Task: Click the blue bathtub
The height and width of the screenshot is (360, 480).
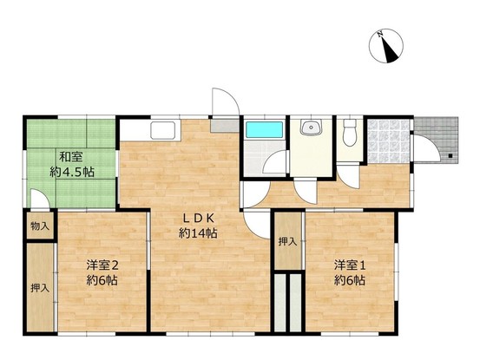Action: tap(265, 129)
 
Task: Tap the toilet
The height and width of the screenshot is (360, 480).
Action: tap(350, 132)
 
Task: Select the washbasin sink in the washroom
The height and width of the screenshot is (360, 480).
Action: tap(311, 127)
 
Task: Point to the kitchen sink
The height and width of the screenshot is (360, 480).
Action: tap(162, 129)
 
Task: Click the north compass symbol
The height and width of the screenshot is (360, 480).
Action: tap(386, 46)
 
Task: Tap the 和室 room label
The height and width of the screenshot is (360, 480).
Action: tap(70, 157)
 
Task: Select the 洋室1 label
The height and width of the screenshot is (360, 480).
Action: tap(350, 265)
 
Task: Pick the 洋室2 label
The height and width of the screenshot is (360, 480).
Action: tap(102, 265)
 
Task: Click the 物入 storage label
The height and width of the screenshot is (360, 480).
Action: tap(40, 226)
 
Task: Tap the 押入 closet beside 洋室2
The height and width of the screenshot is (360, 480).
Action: tap(40, 288)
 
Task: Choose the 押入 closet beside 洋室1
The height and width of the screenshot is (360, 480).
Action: tap(287, 242)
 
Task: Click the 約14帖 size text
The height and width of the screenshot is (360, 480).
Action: tap(198, 233)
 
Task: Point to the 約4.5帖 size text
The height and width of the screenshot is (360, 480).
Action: tap(72, 173)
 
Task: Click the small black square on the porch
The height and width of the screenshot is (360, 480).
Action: tap(450, 155)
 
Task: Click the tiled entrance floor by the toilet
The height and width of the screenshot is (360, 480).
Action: tap(388, 141)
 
